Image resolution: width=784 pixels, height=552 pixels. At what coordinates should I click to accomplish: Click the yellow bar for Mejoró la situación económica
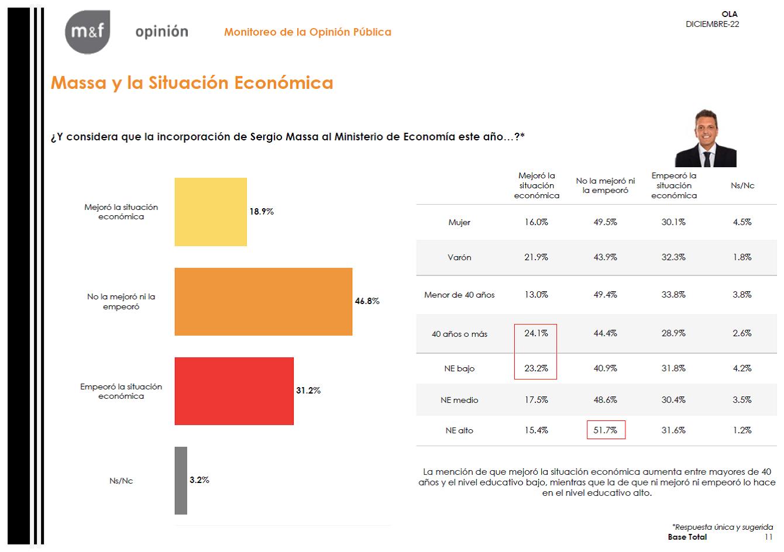tap(211, 212)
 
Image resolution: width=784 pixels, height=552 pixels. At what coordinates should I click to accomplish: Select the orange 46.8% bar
tap(263, 302)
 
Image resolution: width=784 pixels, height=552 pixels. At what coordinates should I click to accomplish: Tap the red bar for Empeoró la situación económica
tap(234, 391)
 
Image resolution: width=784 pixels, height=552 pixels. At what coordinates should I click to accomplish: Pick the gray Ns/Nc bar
tap(181, 481)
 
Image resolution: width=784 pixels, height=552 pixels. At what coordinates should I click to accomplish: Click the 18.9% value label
tap(262, 212)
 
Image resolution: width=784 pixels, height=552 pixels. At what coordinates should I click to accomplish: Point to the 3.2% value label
tap(199, 480)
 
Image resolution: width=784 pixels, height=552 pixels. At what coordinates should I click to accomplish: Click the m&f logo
tap(88, 32)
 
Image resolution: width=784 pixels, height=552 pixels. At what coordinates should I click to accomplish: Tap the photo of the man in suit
tap(706, 138)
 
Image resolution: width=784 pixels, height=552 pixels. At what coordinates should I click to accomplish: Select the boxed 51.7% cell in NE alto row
tap(606, 430)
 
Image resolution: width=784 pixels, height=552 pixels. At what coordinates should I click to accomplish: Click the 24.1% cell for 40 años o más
tap(536, 333)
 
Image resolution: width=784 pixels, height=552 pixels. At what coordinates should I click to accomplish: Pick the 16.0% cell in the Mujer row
tap(536, 222)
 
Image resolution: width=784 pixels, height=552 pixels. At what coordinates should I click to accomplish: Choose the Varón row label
tap(459, 257)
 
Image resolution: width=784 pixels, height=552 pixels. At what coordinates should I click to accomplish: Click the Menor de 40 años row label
tap(459, 295)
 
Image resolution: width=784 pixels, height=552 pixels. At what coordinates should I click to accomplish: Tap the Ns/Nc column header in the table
tap(742, 185)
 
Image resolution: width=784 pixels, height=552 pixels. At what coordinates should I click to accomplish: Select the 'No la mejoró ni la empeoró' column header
tap(606, 185)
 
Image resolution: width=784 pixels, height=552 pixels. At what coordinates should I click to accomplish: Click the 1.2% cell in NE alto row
tap(742, 430)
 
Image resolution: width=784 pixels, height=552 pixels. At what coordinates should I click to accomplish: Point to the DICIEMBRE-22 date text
tap(712, 24)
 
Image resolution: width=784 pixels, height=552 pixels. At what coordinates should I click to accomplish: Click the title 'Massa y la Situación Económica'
tap(192, 83)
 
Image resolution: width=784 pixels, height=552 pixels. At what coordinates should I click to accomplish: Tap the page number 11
tap(768, 537)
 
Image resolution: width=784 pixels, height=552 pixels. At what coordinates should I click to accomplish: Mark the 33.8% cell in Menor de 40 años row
tap(673, 295)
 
